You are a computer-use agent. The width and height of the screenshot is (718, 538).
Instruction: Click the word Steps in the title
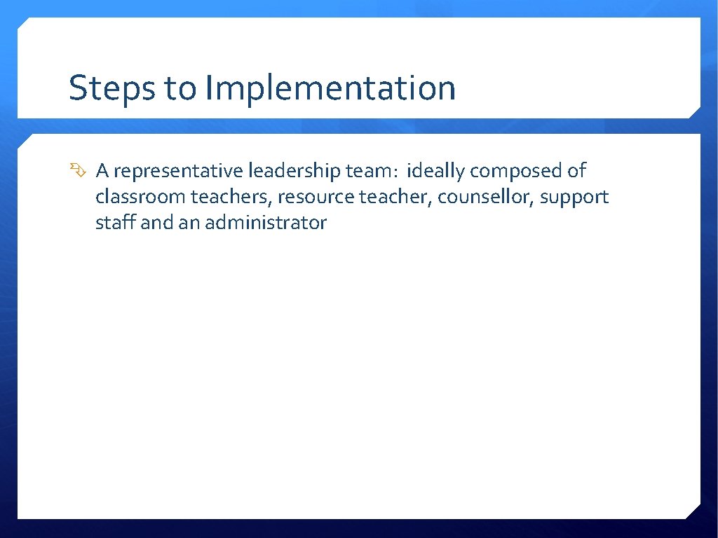coord(111,89)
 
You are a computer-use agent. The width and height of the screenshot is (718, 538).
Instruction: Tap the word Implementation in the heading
coord(330,89)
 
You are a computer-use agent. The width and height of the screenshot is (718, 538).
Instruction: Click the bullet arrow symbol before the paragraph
coord(76,170)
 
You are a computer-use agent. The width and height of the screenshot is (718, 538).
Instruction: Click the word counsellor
coord(487,197)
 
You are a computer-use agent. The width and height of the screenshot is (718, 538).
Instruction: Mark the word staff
coord(115,223)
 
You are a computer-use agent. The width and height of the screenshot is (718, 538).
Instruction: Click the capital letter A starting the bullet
coord(102,171)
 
